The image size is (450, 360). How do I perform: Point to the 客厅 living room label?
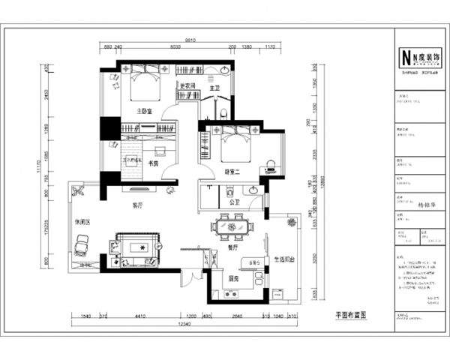point(137,205)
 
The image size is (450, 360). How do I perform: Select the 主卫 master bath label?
point(214,89)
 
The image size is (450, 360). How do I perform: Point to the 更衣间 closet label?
point(187,85)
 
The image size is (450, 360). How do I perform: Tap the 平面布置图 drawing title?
point(352,317)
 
